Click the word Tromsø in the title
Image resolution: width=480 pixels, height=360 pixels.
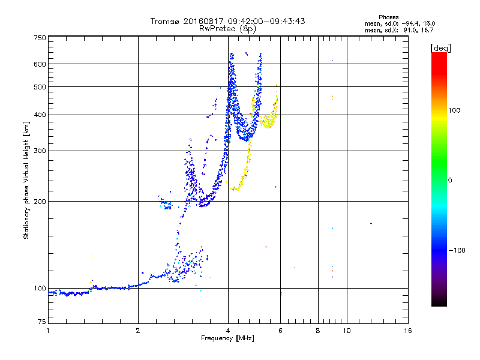coord(165,21)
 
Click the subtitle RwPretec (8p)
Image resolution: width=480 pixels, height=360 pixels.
coord(228,28)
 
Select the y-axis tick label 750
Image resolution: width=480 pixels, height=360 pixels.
coord(40,38)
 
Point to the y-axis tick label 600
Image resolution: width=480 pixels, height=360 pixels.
coord(40,64)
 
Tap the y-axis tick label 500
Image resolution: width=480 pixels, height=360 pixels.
coord(40,87)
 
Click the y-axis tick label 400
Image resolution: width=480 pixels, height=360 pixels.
coord(40,115)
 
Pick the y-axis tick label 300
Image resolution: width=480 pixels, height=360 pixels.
coord(40,151)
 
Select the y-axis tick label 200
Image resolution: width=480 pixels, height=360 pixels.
coord(40,202)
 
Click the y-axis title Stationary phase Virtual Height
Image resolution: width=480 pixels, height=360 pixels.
coord(26,180)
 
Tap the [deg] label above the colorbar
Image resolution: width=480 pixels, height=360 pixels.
coord(440,47)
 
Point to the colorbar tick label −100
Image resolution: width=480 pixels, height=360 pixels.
coord(459,250)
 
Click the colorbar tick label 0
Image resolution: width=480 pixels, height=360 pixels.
coord(451,180)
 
